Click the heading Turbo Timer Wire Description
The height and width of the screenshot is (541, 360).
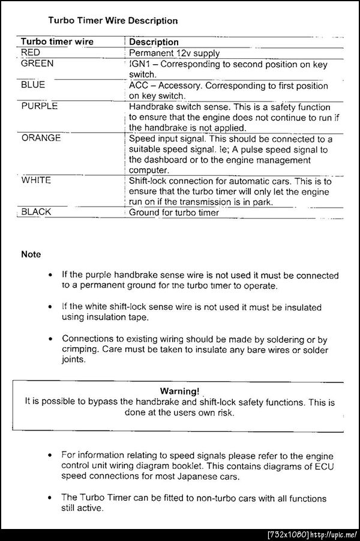pos(113,20)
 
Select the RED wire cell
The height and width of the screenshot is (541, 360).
pos(31,53)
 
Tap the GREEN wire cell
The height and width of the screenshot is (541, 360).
pos(37,64)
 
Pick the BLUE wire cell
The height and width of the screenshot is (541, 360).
pos(33,85)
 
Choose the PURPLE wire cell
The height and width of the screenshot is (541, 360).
pos(40,106)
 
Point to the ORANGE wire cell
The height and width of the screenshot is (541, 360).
pos(41,138)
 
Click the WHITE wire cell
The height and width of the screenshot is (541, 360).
pos(36,180)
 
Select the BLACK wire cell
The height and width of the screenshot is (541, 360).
pos(37,212)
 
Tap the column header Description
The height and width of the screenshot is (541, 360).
pos(154,42)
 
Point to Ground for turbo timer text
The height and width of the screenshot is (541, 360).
pos(174,212)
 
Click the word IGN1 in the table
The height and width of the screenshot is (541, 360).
pos(140,64)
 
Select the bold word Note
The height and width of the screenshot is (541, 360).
pos(31,255)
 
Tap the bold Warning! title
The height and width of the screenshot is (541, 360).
pos(180,391)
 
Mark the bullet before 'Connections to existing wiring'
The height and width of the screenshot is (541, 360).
pos(52,340)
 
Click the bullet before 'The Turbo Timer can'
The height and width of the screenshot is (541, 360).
pos(52,498)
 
